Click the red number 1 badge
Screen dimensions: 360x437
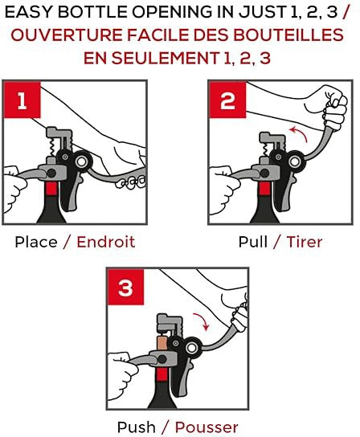(22, 100)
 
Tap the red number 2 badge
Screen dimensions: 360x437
(227, 100)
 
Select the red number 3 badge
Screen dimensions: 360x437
(125, 287)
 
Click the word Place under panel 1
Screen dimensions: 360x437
(36, 242)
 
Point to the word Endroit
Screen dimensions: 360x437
(106, 242)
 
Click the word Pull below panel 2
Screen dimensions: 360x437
(253, 242)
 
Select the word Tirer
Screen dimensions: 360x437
(305, 242)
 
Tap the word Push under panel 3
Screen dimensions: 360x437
(137, 427)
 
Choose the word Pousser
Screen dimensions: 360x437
(207, 427)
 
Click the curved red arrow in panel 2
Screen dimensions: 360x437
(301, 132)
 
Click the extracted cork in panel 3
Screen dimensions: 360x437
(162, 343)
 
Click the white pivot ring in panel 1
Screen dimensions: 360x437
(82, 161)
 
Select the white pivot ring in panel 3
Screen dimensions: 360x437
(191, 348)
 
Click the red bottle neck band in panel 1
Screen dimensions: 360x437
(51, 189)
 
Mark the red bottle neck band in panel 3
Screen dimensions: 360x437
(162, 374)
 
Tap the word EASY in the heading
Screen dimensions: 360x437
(30, 12)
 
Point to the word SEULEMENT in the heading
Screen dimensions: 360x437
(165, 58)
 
